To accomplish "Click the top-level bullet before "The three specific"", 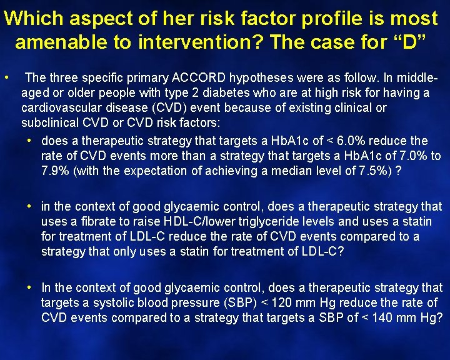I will coord(6,78).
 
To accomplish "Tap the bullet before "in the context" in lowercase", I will coord(29,206).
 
